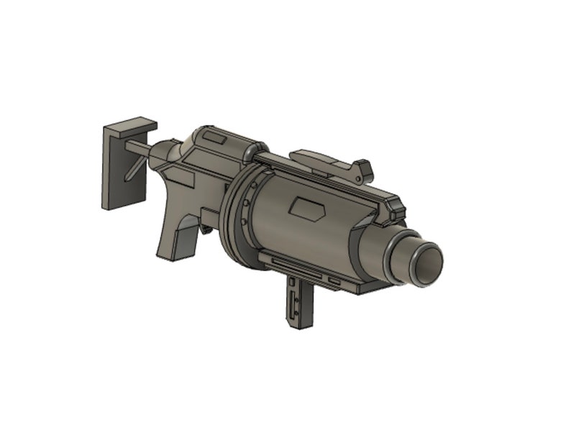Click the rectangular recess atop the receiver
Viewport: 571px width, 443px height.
pos(214,137)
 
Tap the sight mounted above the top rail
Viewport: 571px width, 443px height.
pos(331,163)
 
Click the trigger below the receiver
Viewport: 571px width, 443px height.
pos(207,230)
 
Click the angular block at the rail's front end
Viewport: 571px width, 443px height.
pos(394,209)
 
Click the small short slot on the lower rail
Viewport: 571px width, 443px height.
pos(334,279)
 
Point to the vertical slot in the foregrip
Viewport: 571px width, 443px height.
pos(293,302)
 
